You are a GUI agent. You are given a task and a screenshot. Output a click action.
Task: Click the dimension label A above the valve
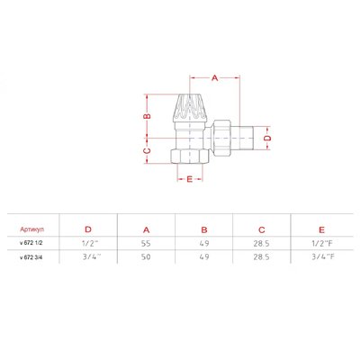pos(214,78)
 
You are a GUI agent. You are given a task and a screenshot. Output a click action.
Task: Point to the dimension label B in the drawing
pos(147,116)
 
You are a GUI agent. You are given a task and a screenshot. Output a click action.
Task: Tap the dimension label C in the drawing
pos(147,150)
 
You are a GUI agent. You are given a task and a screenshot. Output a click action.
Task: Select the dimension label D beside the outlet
pos(267,138)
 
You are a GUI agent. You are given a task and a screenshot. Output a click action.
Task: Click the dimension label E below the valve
pos(190,179)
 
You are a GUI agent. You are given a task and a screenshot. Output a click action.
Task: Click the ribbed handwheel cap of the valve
pos(190,108)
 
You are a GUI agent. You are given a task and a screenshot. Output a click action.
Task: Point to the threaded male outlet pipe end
pos(243,138)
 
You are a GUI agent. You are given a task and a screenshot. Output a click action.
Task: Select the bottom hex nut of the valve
pos(190,157)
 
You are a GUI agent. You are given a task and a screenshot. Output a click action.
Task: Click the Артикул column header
pos(32,229)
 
